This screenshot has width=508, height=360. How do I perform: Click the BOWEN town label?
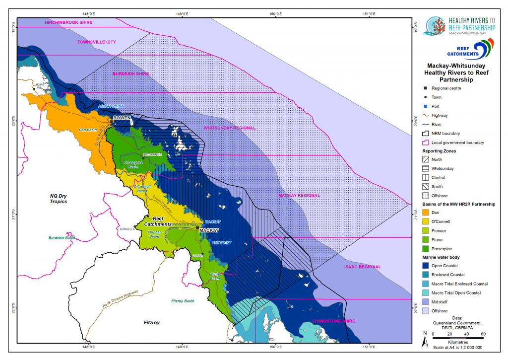click(x=122, y=118)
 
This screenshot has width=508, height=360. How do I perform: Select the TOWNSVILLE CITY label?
click(x=96, y=42)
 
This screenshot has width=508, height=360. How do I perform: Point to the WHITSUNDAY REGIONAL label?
click(x=230, y=128)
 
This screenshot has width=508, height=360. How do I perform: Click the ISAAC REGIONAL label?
click(x=363, y=267)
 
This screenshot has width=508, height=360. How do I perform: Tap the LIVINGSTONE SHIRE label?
click(x=333, y=322)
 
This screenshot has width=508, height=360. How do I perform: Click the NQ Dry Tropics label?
click(x=55, y=198)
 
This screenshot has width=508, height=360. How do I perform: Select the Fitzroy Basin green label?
click(x=185, y=301)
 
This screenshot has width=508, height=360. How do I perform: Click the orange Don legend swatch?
click(x=426, y=213)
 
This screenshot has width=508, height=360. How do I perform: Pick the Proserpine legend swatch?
click(x=426, y=248)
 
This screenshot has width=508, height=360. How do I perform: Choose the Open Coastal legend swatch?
click(x=426, y=266)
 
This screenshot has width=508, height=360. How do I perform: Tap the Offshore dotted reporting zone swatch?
click(x=426, y=195)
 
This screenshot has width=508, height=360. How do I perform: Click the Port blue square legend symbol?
click(x=426, y=106)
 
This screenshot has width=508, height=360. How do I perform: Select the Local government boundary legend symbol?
click(x=426, y=143)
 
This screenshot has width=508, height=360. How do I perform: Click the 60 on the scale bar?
click(x=484, y=334)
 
